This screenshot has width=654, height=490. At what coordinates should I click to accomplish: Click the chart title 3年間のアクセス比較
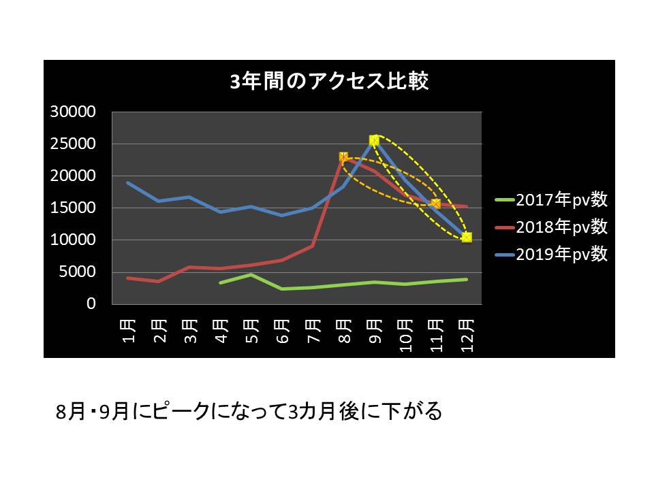pos(329,82)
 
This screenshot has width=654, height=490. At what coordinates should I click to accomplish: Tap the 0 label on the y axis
pos(91,304)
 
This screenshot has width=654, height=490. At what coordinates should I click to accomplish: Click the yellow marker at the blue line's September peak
pos(374,140)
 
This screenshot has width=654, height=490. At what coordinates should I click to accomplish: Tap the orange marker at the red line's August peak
pos(343,157)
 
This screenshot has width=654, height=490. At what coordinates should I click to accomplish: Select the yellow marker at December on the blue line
pos(467,237)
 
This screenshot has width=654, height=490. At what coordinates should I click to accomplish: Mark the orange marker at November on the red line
pos(435,203)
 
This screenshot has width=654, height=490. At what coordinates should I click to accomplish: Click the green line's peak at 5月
pos(251,274)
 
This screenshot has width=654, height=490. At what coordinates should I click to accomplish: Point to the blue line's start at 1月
pos(128,182)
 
